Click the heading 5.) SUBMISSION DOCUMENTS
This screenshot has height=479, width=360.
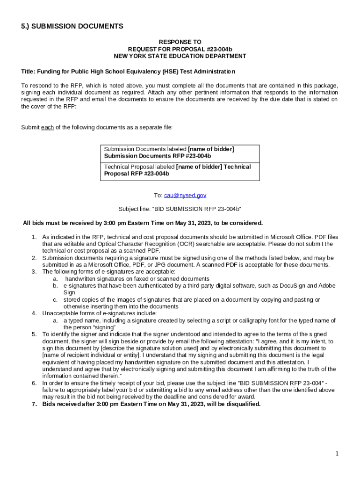(x=72, y=27)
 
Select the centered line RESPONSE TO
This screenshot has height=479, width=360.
(x=180, y=42)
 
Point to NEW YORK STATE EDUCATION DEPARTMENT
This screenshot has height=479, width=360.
(x=180, y=56)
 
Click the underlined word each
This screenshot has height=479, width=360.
(x=47, y=127)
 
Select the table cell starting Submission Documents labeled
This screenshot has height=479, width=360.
(x=180, y=152)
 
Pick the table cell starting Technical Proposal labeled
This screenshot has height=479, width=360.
(x=180, y=170)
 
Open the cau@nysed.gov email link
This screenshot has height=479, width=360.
(x=185, y=195)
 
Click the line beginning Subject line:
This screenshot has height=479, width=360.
(x=180, y=209)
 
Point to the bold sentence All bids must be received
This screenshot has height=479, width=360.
(x=143, y=223)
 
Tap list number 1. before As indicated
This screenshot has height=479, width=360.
(x=34, y=237)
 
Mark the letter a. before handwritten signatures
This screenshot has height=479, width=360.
(x=55, y=279)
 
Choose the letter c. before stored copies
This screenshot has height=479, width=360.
(x=55, y=300)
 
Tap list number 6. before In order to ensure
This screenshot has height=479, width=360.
(x=34, y=383)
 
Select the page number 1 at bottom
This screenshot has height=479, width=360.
(x=337, y=454)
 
